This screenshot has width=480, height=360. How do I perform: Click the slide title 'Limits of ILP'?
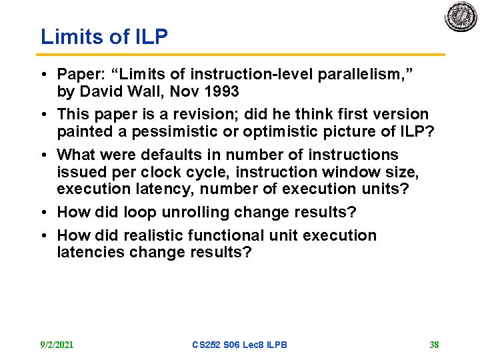104,37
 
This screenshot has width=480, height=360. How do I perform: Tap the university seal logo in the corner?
461,17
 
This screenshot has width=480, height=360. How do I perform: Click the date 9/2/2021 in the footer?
57,345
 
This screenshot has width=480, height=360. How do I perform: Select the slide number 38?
434,345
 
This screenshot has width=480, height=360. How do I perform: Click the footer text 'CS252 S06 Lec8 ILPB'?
239,345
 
